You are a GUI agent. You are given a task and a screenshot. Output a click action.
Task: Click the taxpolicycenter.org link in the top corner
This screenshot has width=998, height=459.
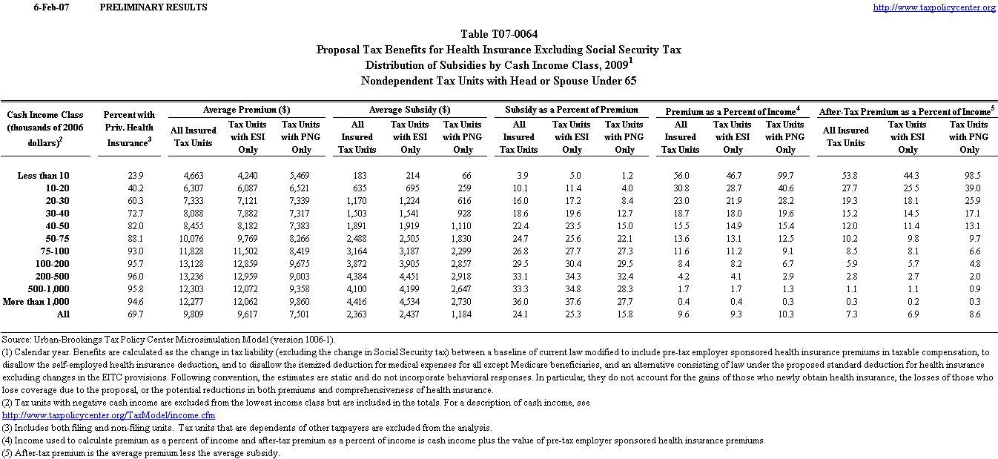click(x=934, y=7)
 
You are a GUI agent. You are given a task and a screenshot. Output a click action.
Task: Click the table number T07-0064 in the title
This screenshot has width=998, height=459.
click(x=499, y=34)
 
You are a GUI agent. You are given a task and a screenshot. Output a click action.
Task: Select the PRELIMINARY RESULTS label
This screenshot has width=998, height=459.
click(x=153, y=7)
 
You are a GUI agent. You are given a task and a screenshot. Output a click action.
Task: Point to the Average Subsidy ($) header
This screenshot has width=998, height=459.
click(x=410, y=110)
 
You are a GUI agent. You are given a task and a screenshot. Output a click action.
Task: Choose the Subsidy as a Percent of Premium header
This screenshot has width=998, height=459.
click(x=571, y=110)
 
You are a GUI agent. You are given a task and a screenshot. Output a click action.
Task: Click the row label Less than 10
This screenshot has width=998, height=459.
click(x=43, y=176)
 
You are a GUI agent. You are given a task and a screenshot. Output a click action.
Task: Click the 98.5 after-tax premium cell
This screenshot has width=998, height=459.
click(x=969, y=176)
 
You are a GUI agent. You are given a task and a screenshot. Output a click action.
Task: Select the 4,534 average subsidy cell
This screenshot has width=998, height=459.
click(x=410, y=302)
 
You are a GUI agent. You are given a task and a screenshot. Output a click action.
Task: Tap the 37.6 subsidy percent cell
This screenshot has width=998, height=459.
click(x=572, y=302)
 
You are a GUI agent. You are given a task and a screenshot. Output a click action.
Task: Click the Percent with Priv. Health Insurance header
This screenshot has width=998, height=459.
click(x=129, y=128)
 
